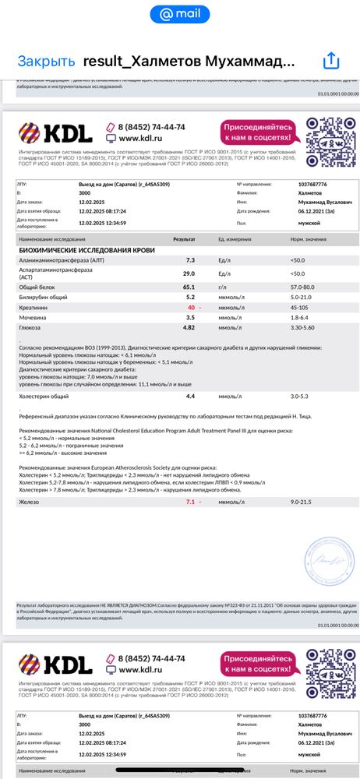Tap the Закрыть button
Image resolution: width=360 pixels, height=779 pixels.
tap(46, 61)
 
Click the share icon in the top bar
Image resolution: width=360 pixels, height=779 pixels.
tap(331, 61)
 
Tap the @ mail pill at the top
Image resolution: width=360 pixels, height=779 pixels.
tap(180, 14)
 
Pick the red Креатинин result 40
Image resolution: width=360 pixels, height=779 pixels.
tap(190, 308)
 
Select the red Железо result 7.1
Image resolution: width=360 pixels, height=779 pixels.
tap(190, 502)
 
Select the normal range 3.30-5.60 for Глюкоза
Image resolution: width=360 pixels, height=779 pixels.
tap(304, 329)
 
